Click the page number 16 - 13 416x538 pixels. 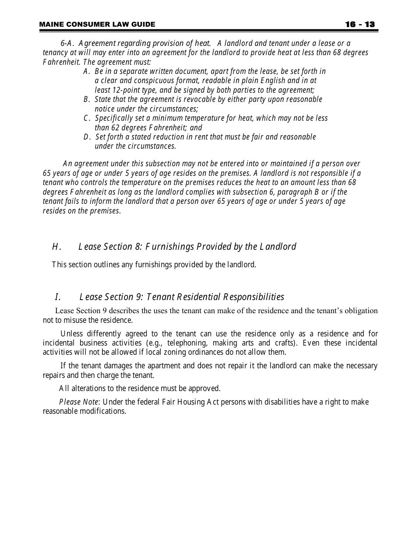click(360, 24)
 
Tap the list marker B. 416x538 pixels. click(87, 99)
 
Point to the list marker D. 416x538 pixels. click(87, 137)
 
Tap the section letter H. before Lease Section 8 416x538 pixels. click(56, 247)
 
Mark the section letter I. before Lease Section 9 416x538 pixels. click(57, 297)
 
